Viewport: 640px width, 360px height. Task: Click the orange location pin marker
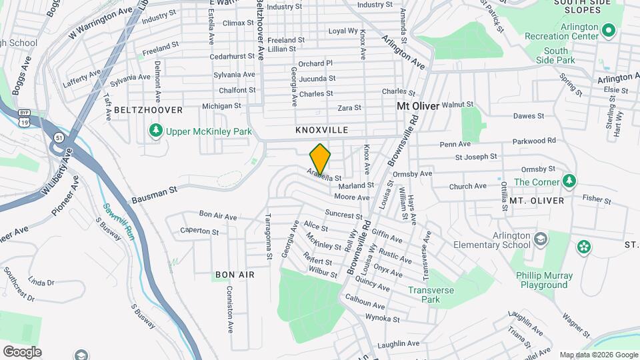pyautogui.click(x=321, y=159)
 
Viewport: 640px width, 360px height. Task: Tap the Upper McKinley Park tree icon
pyautogui.click(x=155, y=131)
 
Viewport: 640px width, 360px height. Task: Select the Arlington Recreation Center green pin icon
pyautogui.click(x=608, y=31)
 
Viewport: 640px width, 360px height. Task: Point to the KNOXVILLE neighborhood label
pyautogui.click(x=322, y=131)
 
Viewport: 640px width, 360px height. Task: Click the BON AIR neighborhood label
pyautogui.click(x=235, y=275)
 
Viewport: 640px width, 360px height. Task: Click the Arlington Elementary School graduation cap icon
pyautogui.click(x=541, y=238)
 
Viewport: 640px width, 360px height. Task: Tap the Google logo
pyautogui.click(x=22, y=352)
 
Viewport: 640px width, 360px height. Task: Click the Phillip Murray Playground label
pyautogui.click(x=544, y=280)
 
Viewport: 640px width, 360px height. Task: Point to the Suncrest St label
pyautogui.click(x=343, y=214)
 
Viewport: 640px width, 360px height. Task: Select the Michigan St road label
pyautogui.click(x=221, y=106)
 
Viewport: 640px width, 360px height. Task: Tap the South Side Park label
pyautogui.click(x=555, y=55)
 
